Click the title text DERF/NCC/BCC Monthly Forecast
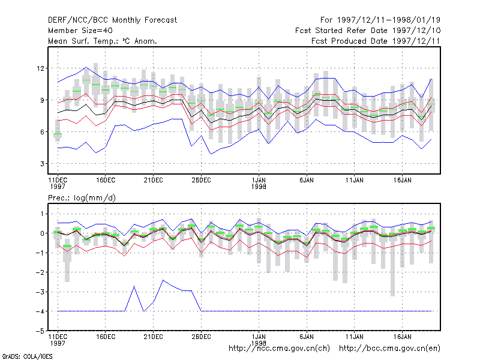click(x=112, y=20)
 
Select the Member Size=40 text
click(x=80, y=31)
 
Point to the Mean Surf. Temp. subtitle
click(x=102, y=41)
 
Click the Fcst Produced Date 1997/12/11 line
click(x=376, y=41)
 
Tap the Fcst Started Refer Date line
click(x=368, y=31)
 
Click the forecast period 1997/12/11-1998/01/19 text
click(x=380, y=20)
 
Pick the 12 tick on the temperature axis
click(x=40, y=68)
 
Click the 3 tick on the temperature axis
click(x=42, y=164)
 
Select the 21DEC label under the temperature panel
click(x=154, y=180)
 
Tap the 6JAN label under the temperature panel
click(x=307, y=180)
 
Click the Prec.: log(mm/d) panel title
click(x=82, y=198)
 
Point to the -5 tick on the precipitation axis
click(x=40, y=331)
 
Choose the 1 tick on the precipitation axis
click(x=42, y=214)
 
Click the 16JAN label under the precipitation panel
click(x=402, y=337)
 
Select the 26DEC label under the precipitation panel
click(x=201, y=337)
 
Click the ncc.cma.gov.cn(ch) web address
click(x=279, y=349)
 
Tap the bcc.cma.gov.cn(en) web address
click(x=389, y=349)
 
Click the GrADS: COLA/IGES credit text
click(x=27, y=356)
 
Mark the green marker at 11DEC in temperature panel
click(x=58, y=134)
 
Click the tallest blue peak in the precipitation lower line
click(x=163, y=280)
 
